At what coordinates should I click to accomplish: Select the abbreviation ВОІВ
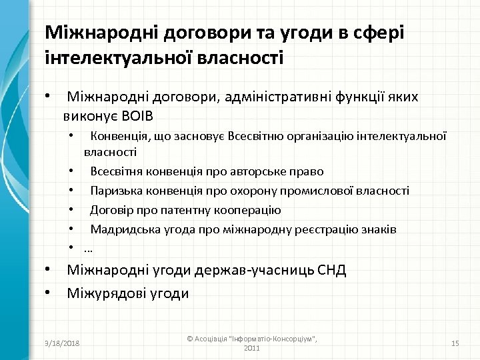135,117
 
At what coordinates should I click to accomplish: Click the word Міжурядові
104,293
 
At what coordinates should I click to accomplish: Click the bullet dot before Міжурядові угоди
49,292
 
